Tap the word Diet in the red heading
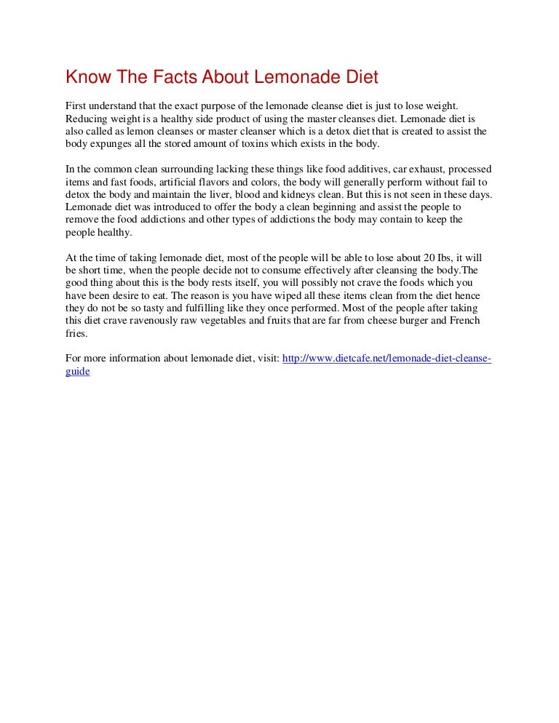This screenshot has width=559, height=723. pos(361,78)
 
